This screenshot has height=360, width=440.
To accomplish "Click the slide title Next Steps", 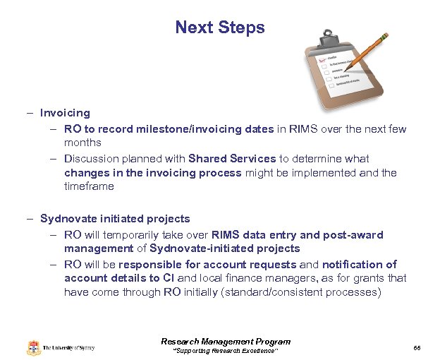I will click(x=220, y=28).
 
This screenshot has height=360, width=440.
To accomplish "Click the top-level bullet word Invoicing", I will click(x=65, y=113).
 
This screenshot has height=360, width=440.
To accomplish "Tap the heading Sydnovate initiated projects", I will click(x=115, y=219).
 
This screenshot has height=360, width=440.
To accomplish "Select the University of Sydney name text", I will click(x=68, y=347).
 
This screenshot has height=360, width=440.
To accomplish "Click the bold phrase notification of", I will click(x=359, y=264).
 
